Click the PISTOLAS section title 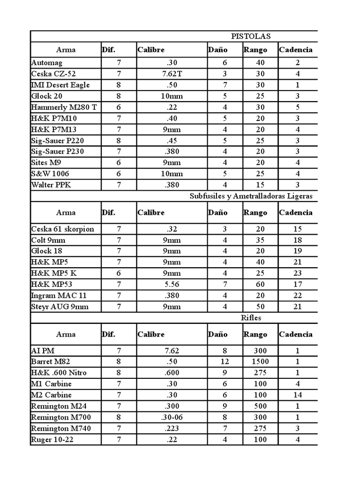coord(251,37)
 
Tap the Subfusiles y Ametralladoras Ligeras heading coord(251,196)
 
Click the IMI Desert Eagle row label coord(60,85)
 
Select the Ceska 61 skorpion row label coord(62,229)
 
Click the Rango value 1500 coord(260,361)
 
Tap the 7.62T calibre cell coord(171,74)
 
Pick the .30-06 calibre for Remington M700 coord(171,417)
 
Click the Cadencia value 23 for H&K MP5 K coord(298,273)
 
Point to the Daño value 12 coord(225,361)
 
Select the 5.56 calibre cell coord(171,284)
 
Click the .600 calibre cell coord(171,373)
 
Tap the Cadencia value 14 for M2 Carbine coord(298,395)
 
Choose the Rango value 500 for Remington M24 coord(260,406)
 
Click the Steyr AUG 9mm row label coord(60,307)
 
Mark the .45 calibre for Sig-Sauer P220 coord(171,140)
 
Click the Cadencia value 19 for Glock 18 coord(298,251)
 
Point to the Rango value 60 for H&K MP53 coord(260,284)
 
